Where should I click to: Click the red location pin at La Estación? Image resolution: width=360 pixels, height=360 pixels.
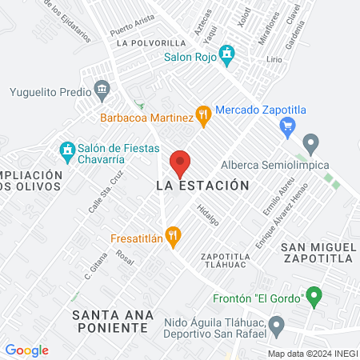(181, 163)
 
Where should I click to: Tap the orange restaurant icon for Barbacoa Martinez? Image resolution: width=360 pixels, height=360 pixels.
(204, 115)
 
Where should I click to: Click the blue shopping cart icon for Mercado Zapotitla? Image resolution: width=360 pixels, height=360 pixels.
(290, 125)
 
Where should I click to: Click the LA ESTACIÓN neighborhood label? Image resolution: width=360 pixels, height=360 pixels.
(197, 186)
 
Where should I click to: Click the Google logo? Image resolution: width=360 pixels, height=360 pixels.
(27, 350)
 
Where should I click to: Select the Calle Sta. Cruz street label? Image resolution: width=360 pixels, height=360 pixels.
(106, 193)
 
